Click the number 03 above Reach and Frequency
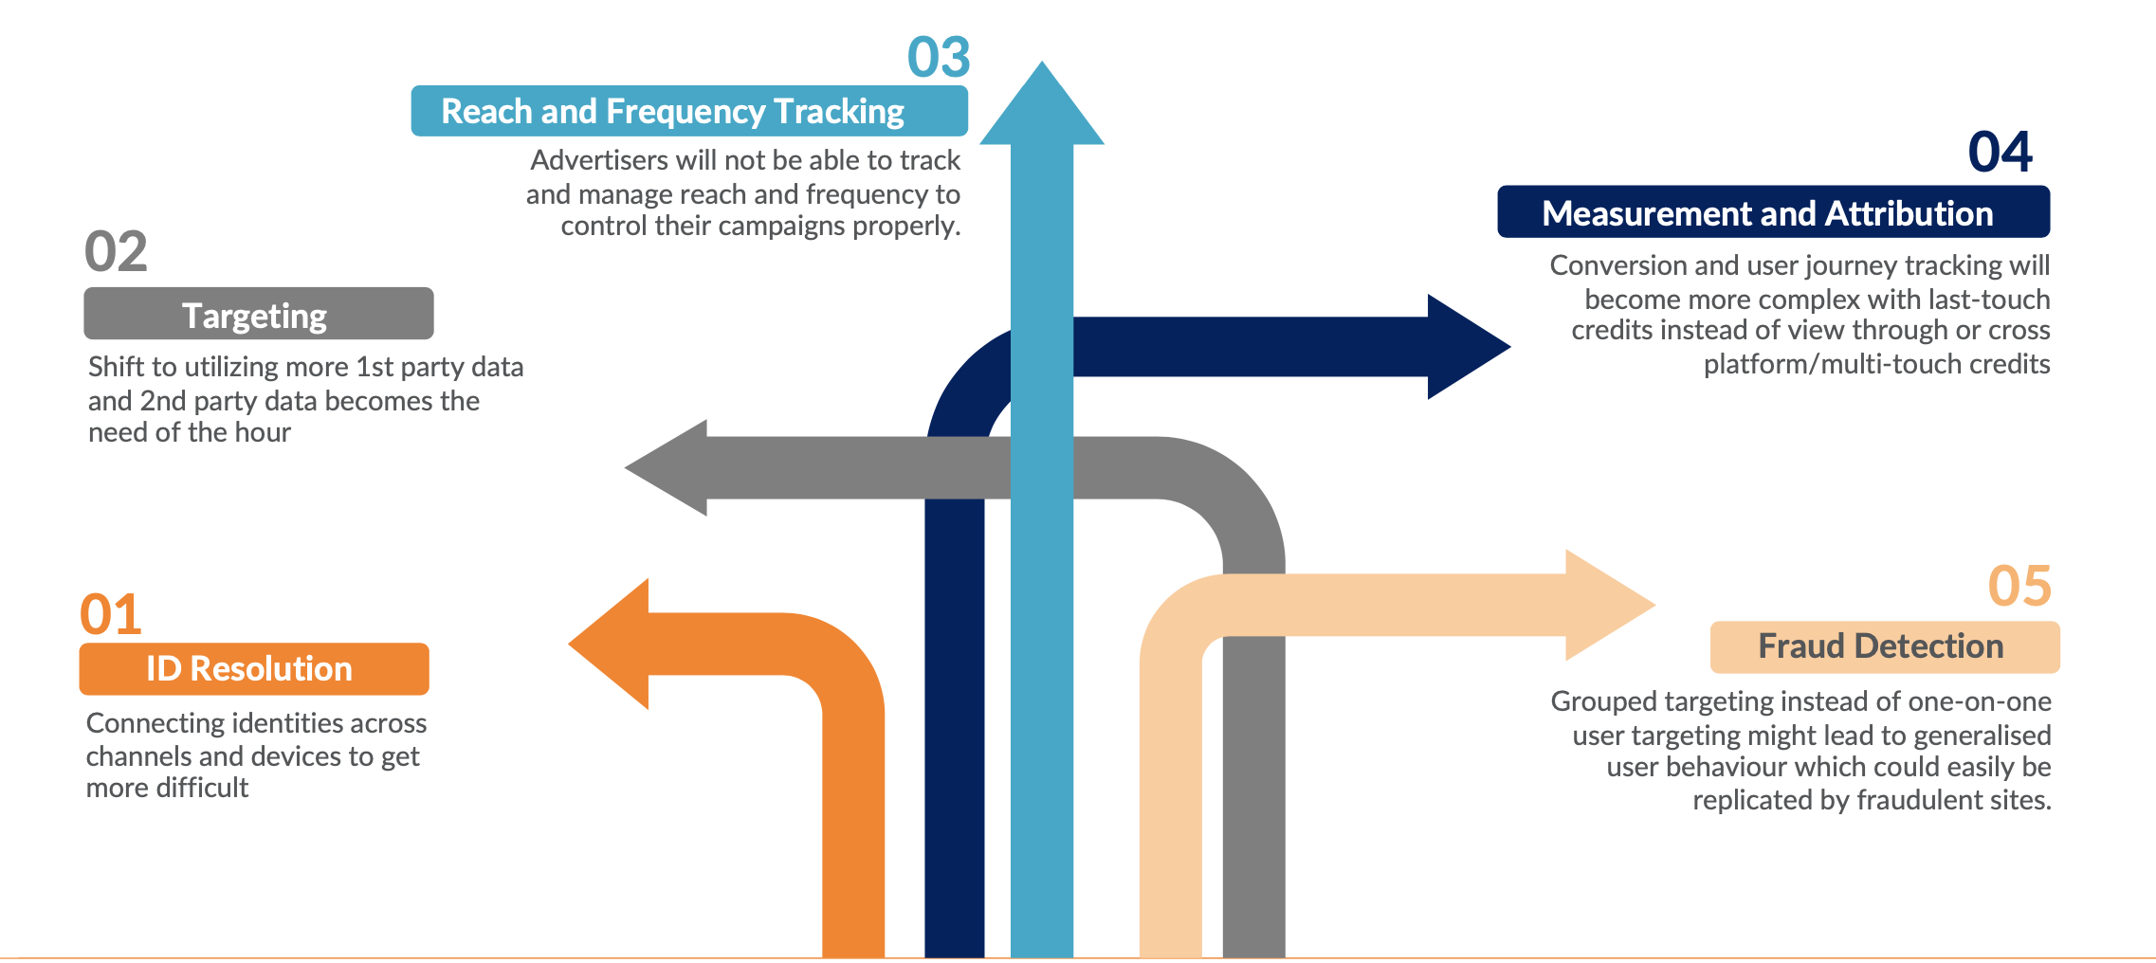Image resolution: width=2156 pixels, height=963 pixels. tap(939, 57)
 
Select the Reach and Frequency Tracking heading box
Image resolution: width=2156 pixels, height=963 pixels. tap(688, 112)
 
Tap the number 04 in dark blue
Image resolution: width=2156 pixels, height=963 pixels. tap(2000, 152)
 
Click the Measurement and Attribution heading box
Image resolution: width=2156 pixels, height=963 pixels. tap(1772, 212)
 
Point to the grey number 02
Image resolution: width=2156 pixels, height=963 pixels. tap(116, 252)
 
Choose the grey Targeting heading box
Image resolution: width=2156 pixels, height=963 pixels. tap(258, 315)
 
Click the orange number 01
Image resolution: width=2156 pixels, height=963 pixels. tap(111, 614)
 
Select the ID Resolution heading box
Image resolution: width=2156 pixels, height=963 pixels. tap(253, 669)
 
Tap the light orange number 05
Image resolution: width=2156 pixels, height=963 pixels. tap(2019, 586)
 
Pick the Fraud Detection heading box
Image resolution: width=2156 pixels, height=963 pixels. tap(1884, 647)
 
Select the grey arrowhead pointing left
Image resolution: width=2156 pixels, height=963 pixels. tap(669, 467)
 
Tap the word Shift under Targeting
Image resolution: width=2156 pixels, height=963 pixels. tap(118, 367)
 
